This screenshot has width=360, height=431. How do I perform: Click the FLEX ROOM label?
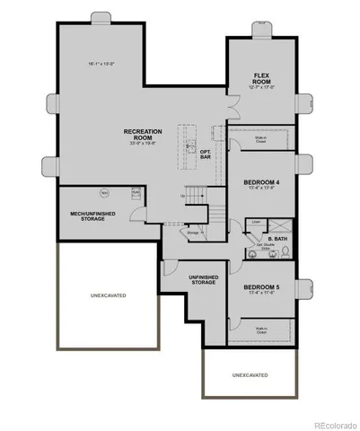point(262,77)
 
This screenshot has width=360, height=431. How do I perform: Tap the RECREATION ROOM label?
point(142,135)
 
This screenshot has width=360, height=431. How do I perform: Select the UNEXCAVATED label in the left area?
point(109,295)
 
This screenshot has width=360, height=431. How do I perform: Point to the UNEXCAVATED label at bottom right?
point(250,374)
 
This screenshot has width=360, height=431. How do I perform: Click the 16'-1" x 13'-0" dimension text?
point(105,64)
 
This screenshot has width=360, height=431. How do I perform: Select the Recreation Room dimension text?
point(142,143)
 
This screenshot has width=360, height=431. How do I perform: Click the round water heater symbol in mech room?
point(104,192)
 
